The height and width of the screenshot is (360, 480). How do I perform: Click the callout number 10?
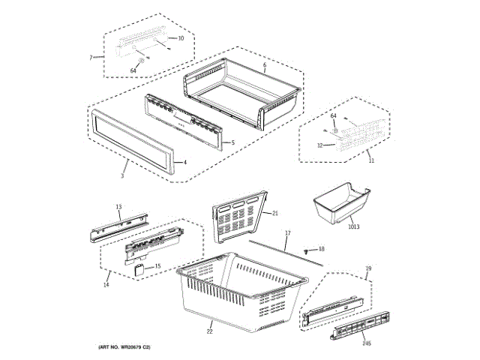click(180, 37)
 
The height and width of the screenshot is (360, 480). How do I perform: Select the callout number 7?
click(91, 58)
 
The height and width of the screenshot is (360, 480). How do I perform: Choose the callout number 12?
click(319, 145)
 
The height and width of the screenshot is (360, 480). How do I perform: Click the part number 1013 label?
click(353, 226)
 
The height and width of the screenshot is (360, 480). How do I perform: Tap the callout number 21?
click(275, 214)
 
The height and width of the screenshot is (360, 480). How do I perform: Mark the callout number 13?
click(118, 206)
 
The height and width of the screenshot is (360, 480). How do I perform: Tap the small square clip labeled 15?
click(139, 268)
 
